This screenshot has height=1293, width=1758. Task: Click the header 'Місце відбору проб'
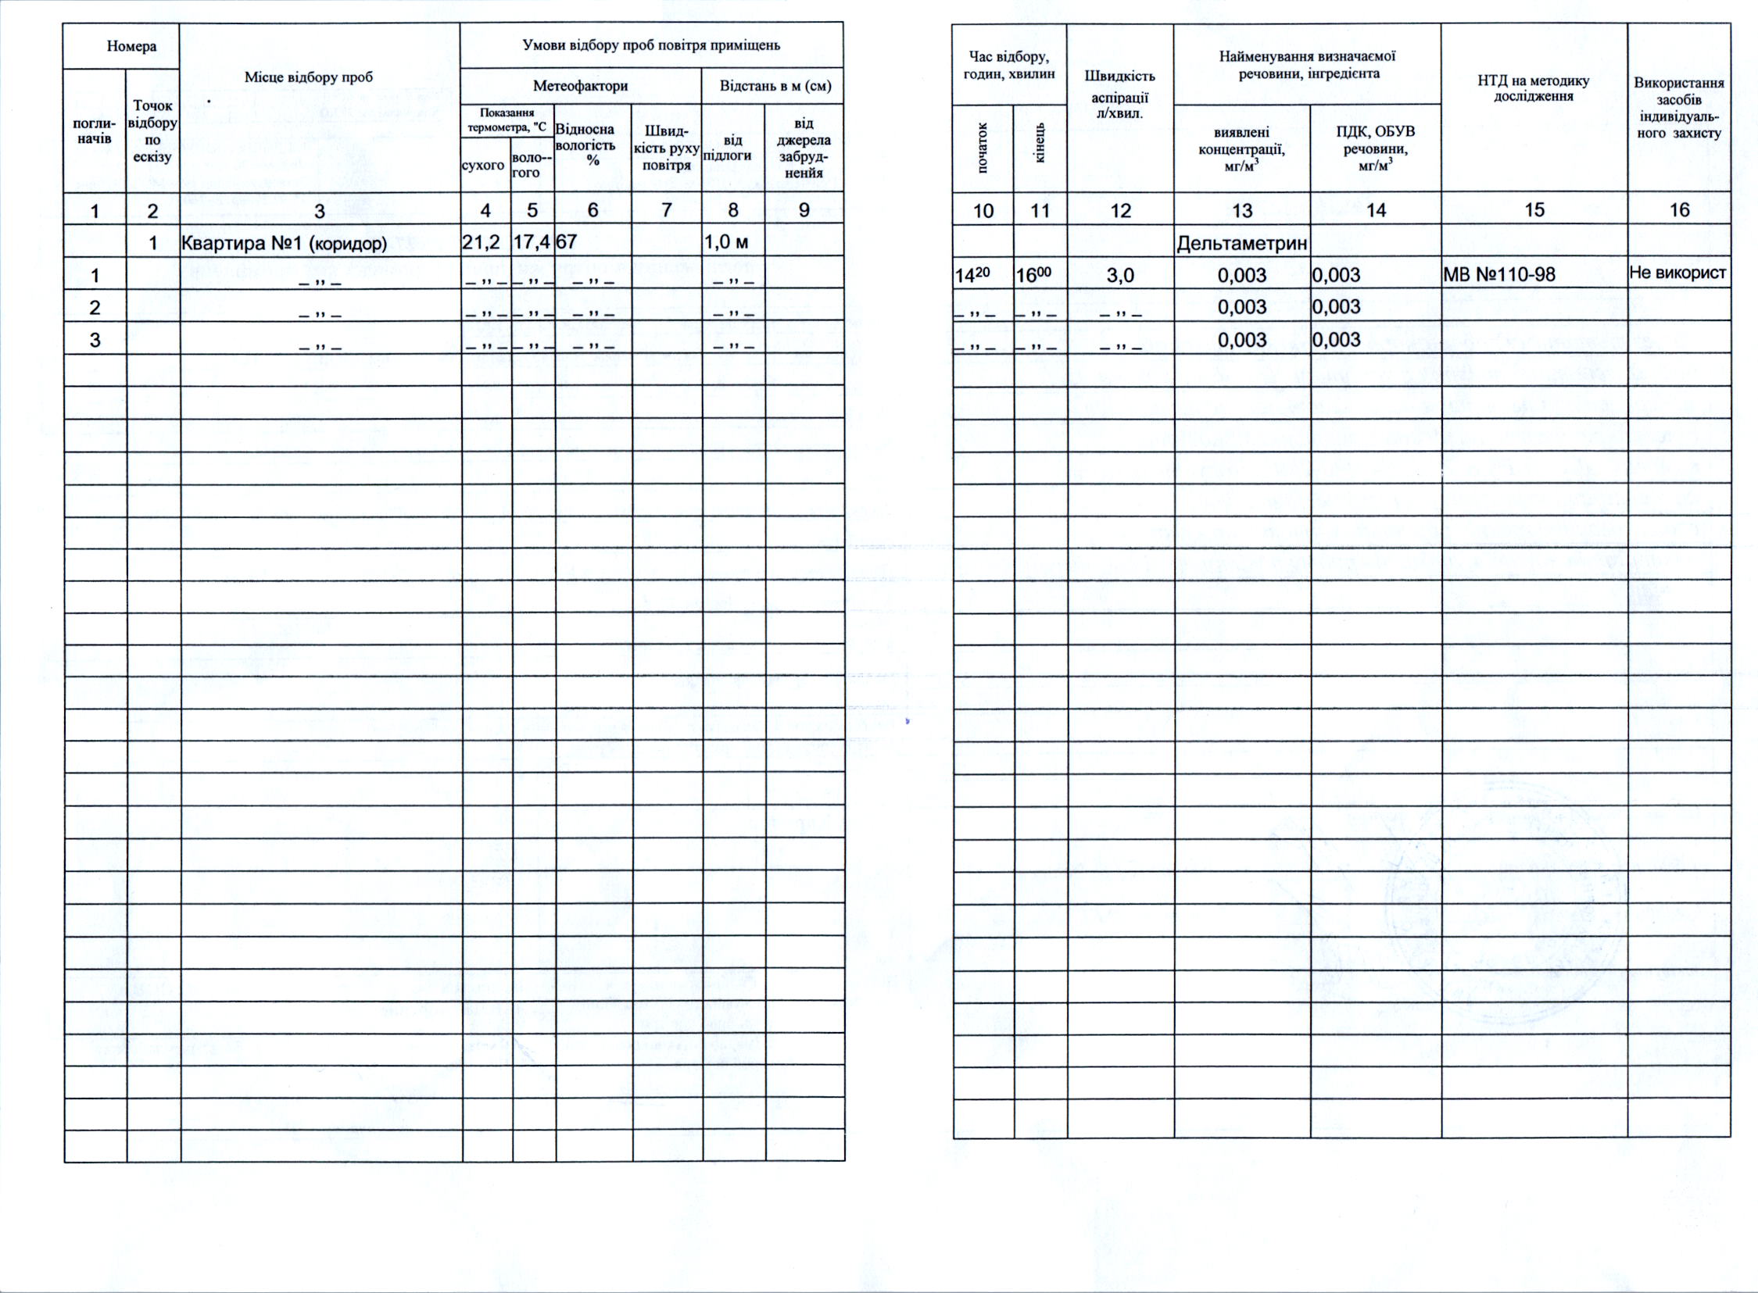[309, 77]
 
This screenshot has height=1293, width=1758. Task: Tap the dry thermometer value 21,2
[481, 243]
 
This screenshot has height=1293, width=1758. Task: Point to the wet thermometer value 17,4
[532, 243]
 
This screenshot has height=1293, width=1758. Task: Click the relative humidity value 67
[566, 243]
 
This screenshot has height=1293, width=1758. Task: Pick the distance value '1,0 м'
[728, 243]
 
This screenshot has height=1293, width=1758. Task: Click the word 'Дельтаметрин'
[1241, 245]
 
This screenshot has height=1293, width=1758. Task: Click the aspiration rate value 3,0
[1120, 276]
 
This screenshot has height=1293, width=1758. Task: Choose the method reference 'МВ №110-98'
[1498, 275]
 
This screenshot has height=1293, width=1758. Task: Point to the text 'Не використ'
[1677, 273]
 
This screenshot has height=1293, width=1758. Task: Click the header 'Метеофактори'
[580, 86]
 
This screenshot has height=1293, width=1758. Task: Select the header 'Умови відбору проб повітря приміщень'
[650, 45]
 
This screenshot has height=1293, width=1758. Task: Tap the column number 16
[1679, 209]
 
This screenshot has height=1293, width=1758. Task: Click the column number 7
[667, 209]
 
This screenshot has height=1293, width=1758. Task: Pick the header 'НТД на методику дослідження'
[1533, 88]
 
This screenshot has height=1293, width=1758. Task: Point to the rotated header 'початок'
[983, 148]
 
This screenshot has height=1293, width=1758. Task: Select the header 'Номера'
[131, 46]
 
